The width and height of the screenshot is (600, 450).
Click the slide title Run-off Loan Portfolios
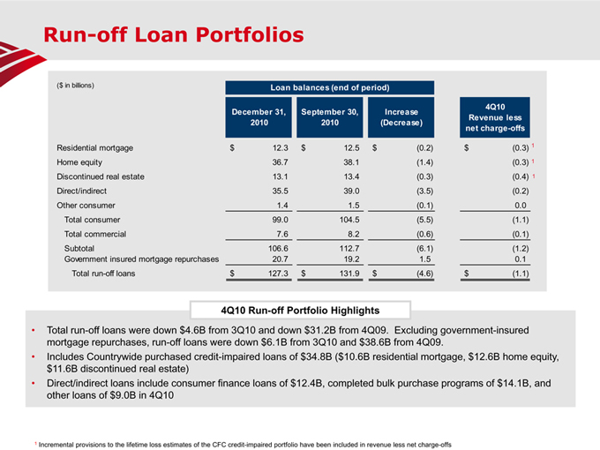tap(174, 35)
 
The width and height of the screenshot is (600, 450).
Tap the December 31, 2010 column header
tap(259, 117)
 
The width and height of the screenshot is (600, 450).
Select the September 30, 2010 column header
tap(329, 117)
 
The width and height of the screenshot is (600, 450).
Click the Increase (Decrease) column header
tap(401, 117)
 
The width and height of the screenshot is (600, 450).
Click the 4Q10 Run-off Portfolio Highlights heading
tap(299, 310)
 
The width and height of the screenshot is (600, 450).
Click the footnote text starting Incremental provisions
tap(243, 444)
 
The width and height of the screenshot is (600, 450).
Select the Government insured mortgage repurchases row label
tap(137, 259)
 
